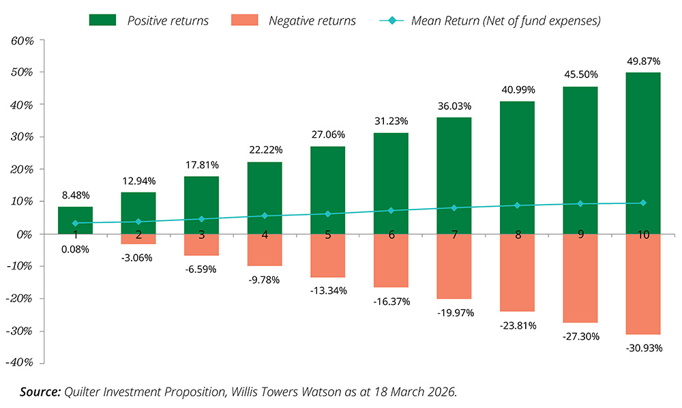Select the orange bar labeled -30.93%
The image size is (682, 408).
[643, 284]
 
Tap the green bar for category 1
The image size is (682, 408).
[75, 214]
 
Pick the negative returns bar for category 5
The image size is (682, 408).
[327, 256]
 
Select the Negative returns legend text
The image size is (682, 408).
[312, 20]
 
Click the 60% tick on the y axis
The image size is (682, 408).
[23, 40]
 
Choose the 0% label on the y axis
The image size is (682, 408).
[26, 234]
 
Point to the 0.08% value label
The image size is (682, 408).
[75, 250]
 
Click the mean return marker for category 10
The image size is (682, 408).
[643, 203]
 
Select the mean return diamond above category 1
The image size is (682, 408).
[75, 223]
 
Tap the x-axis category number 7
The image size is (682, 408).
[454, 234]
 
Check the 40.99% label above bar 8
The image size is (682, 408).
[517, 89]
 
